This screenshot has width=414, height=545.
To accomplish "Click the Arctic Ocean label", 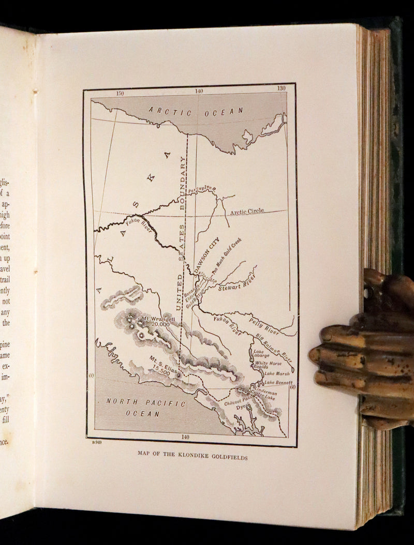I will coord(196,111).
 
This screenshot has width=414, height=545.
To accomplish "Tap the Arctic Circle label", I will coord(247,211).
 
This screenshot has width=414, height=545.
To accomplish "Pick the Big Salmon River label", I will coord(274,347).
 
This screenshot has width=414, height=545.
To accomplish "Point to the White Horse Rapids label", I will coord(268,366).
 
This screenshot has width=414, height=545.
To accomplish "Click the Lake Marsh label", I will coord(277,373).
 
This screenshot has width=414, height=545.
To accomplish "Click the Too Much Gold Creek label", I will coord(226,254).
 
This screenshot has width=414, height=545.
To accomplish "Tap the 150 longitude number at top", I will coord(120,94).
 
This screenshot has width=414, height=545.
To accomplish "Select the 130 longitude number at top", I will coord(281,88).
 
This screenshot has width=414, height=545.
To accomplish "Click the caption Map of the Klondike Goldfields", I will coord(193,457).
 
